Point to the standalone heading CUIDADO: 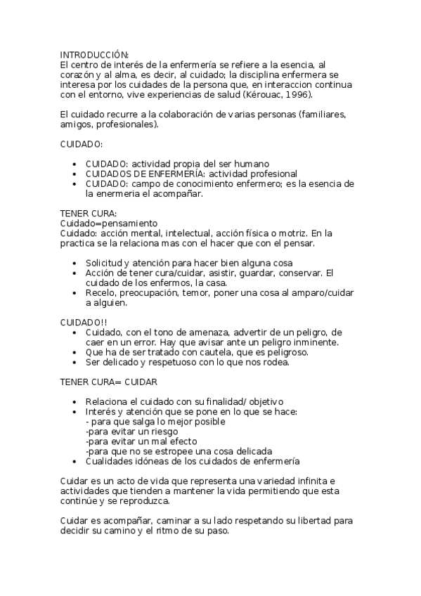click(x=82, y=143)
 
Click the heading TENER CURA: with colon click(x=88, y=214)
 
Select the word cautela click(x=213, y=352)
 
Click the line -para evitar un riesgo click(x=136, y=432)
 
